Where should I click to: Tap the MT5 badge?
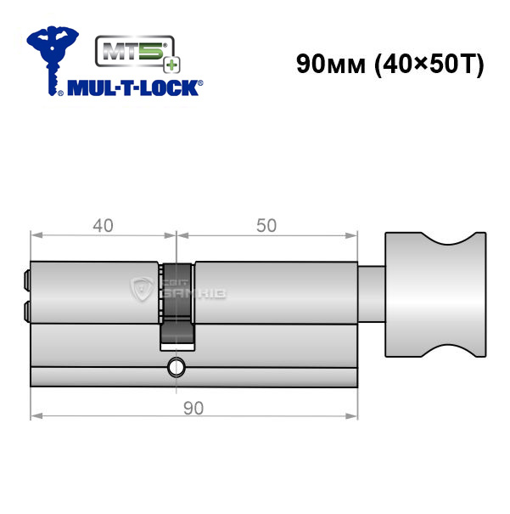135,51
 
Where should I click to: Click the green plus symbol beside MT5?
172,65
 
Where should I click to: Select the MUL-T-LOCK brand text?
135,88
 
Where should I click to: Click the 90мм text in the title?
331,64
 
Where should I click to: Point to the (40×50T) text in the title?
429,65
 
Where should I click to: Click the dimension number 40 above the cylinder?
104,225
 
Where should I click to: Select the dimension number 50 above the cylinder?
266,225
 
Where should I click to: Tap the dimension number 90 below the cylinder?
193,408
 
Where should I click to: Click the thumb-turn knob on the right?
435,294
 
